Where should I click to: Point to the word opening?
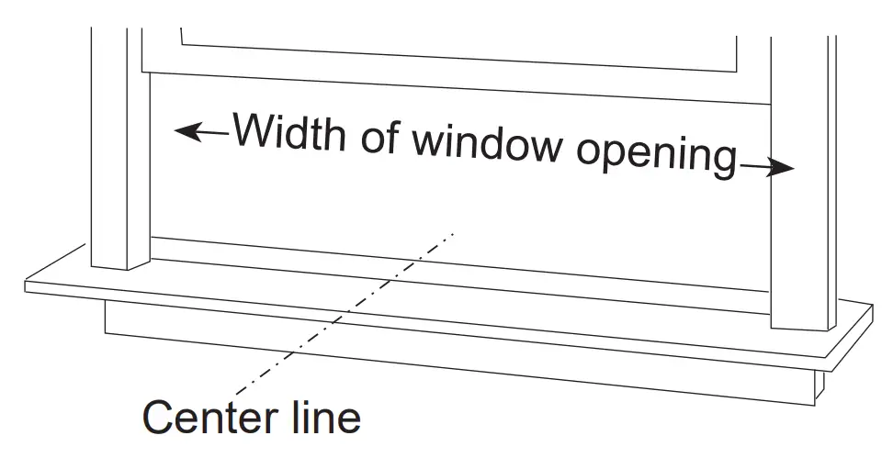pyautogui.click(x=656, y=157)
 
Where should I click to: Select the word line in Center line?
pyautogui.click(x=321, y=418)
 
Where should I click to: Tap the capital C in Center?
pyautogui.click(x=158, y=418)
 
